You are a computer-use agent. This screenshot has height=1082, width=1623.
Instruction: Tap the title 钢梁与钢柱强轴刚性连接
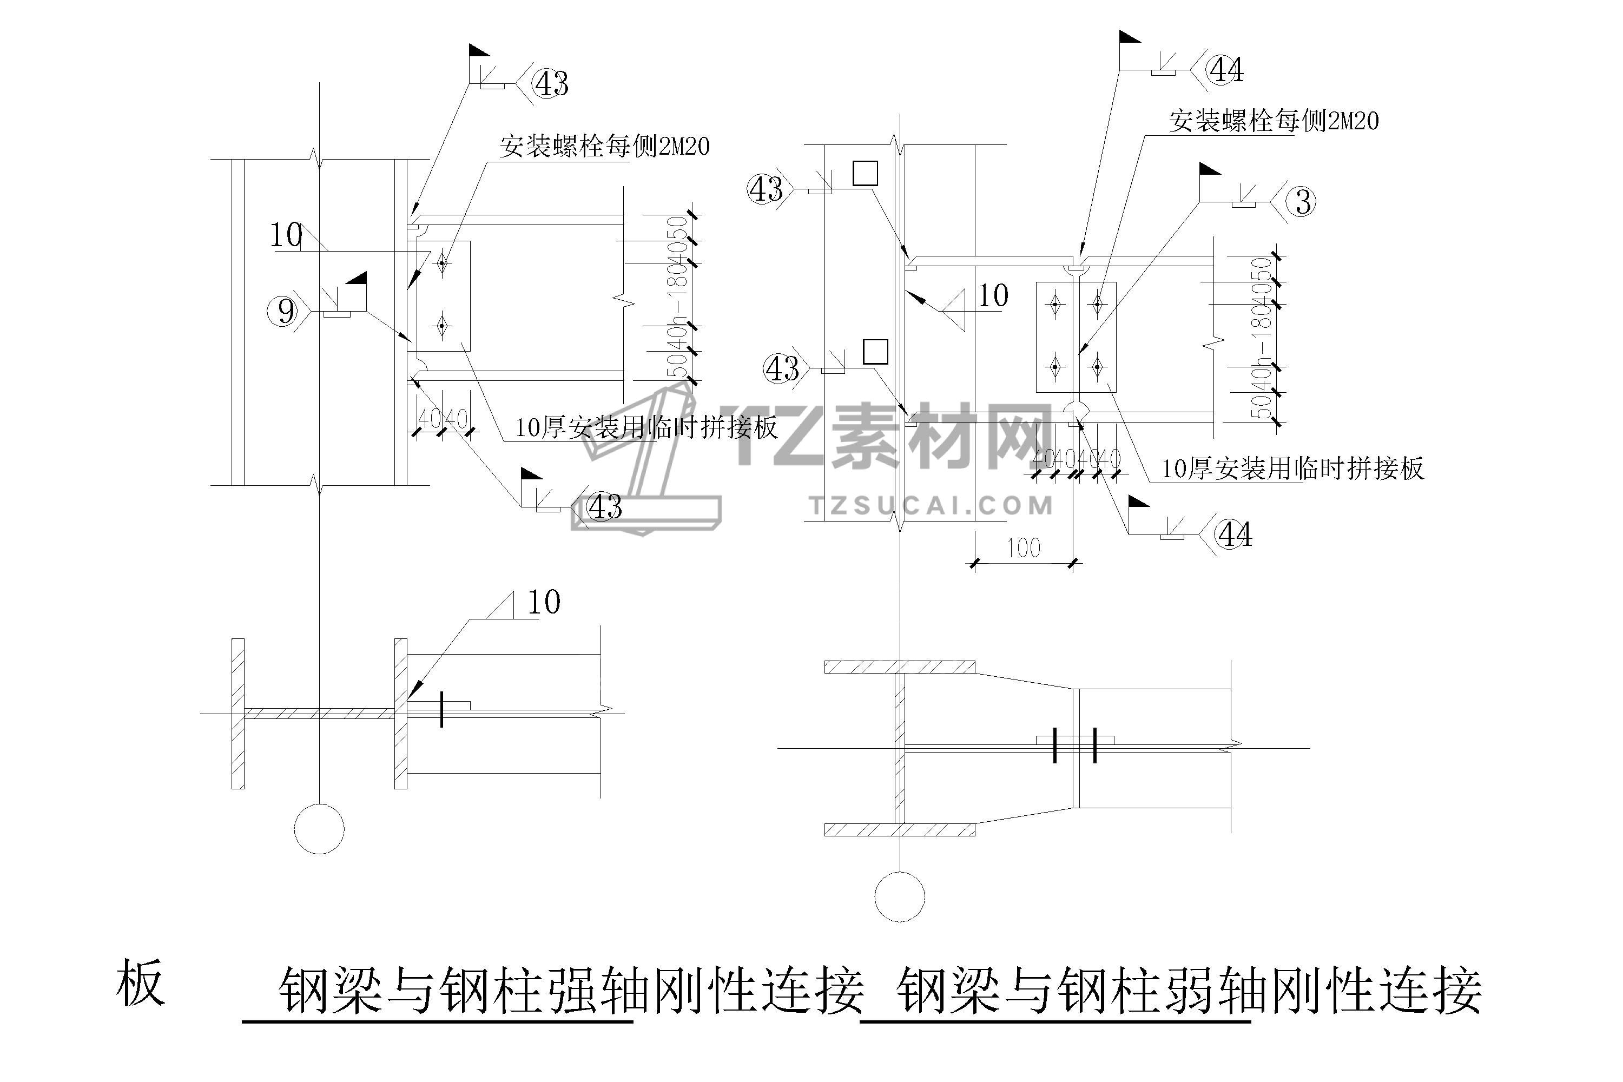click(x=571, y=991)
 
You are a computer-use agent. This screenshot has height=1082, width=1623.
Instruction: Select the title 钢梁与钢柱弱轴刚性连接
click(x=1188, y=991)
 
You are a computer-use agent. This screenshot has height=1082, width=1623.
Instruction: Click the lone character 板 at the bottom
click(x=141, y=982)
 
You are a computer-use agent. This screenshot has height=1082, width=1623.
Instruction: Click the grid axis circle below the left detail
click(x=319, y=828)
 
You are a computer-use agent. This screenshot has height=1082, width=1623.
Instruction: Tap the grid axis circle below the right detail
click(x=900, y=896)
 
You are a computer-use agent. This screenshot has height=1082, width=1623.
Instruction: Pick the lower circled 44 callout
click(x=1235, y=534)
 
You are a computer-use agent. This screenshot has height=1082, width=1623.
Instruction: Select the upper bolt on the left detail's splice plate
click(x=441, y=263)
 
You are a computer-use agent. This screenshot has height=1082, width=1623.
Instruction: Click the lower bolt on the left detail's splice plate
click(x=441, y=324)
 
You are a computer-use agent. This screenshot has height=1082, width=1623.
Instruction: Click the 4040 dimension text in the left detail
click(x=443, y=418)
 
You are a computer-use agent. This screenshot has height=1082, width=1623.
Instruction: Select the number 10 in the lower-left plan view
click(x=544, y=603)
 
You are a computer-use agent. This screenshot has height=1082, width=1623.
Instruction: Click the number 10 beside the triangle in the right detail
click(x=993, y=296)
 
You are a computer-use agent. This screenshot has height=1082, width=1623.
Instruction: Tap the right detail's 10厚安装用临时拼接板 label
click(x=1292, y=469)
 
